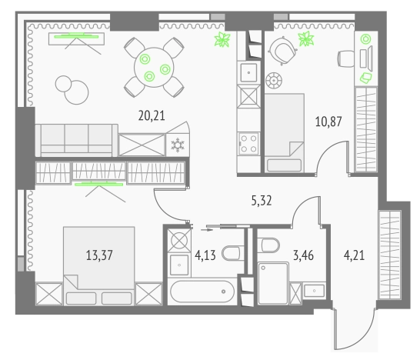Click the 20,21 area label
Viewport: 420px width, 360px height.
(152, 115)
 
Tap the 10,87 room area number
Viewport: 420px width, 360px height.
(328, 122)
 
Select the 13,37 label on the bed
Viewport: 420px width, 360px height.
(99, 255)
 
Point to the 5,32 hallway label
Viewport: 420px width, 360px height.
(262, 201)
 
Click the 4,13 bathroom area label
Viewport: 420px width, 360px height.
(205, 255)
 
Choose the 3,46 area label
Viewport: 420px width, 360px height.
(304, 255)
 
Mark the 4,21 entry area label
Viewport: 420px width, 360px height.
(354, 255)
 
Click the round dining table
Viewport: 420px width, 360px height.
(154, 68)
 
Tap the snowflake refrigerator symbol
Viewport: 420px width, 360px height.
(178, 145)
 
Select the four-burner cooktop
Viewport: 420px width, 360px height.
(248, 144)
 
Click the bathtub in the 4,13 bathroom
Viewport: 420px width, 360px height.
(202, 292)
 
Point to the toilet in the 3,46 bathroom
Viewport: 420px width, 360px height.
(268, 245)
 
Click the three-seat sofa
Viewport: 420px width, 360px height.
(77, 140)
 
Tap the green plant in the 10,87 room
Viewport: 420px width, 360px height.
(306, 39)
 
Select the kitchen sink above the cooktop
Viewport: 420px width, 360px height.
(248, 72)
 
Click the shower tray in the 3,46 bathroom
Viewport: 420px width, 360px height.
(273, 283)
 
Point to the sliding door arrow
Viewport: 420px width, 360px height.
(206, 229)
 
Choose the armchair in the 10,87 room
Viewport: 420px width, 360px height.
(282, 50)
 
